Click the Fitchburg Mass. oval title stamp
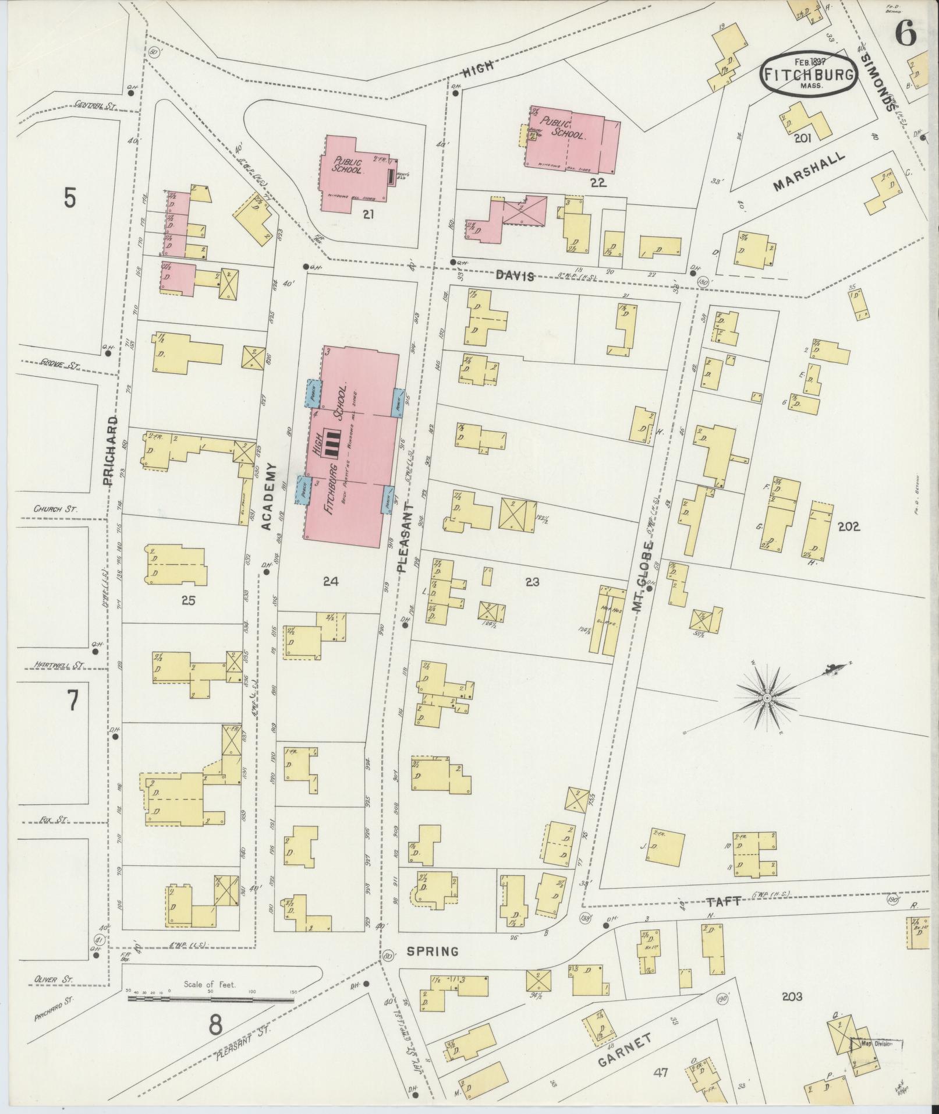tap(809, 74)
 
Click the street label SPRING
tap(433, 952)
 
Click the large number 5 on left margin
tap(69, 198)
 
